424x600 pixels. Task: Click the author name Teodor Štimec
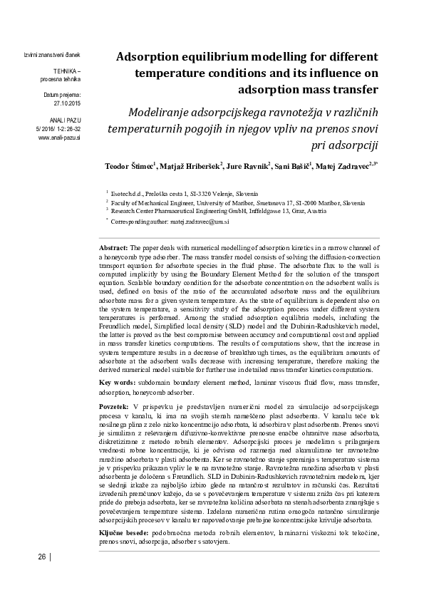pyautogui.click(x=131, y=167)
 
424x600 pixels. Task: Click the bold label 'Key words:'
pyautogui.click(x=116, y=383)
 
